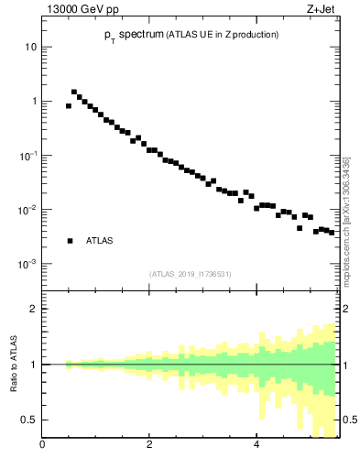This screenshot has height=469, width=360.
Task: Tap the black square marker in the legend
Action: click(69, 241)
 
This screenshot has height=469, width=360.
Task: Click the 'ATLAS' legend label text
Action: click(99, 241)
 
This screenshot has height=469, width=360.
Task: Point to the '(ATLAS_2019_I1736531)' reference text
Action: click(191, 274)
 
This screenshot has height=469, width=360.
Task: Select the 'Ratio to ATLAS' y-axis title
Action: click(15, 364)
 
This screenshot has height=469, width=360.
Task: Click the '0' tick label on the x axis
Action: click(42, 446)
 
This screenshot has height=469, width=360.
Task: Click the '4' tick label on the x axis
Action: click(256, 446)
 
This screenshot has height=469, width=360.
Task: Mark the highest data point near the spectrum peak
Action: click(74, 92)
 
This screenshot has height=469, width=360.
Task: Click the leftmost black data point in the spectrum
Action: click(69, 106)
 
